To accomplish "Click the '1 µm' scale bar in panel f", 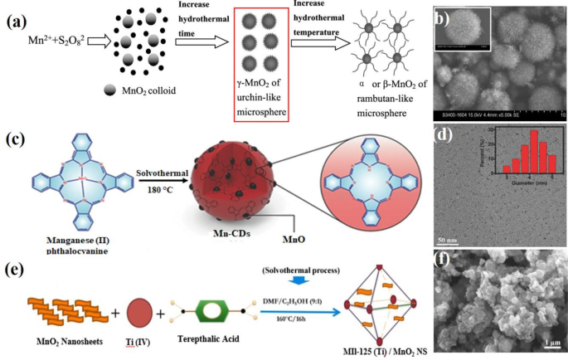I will click(x=544, y=343).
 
